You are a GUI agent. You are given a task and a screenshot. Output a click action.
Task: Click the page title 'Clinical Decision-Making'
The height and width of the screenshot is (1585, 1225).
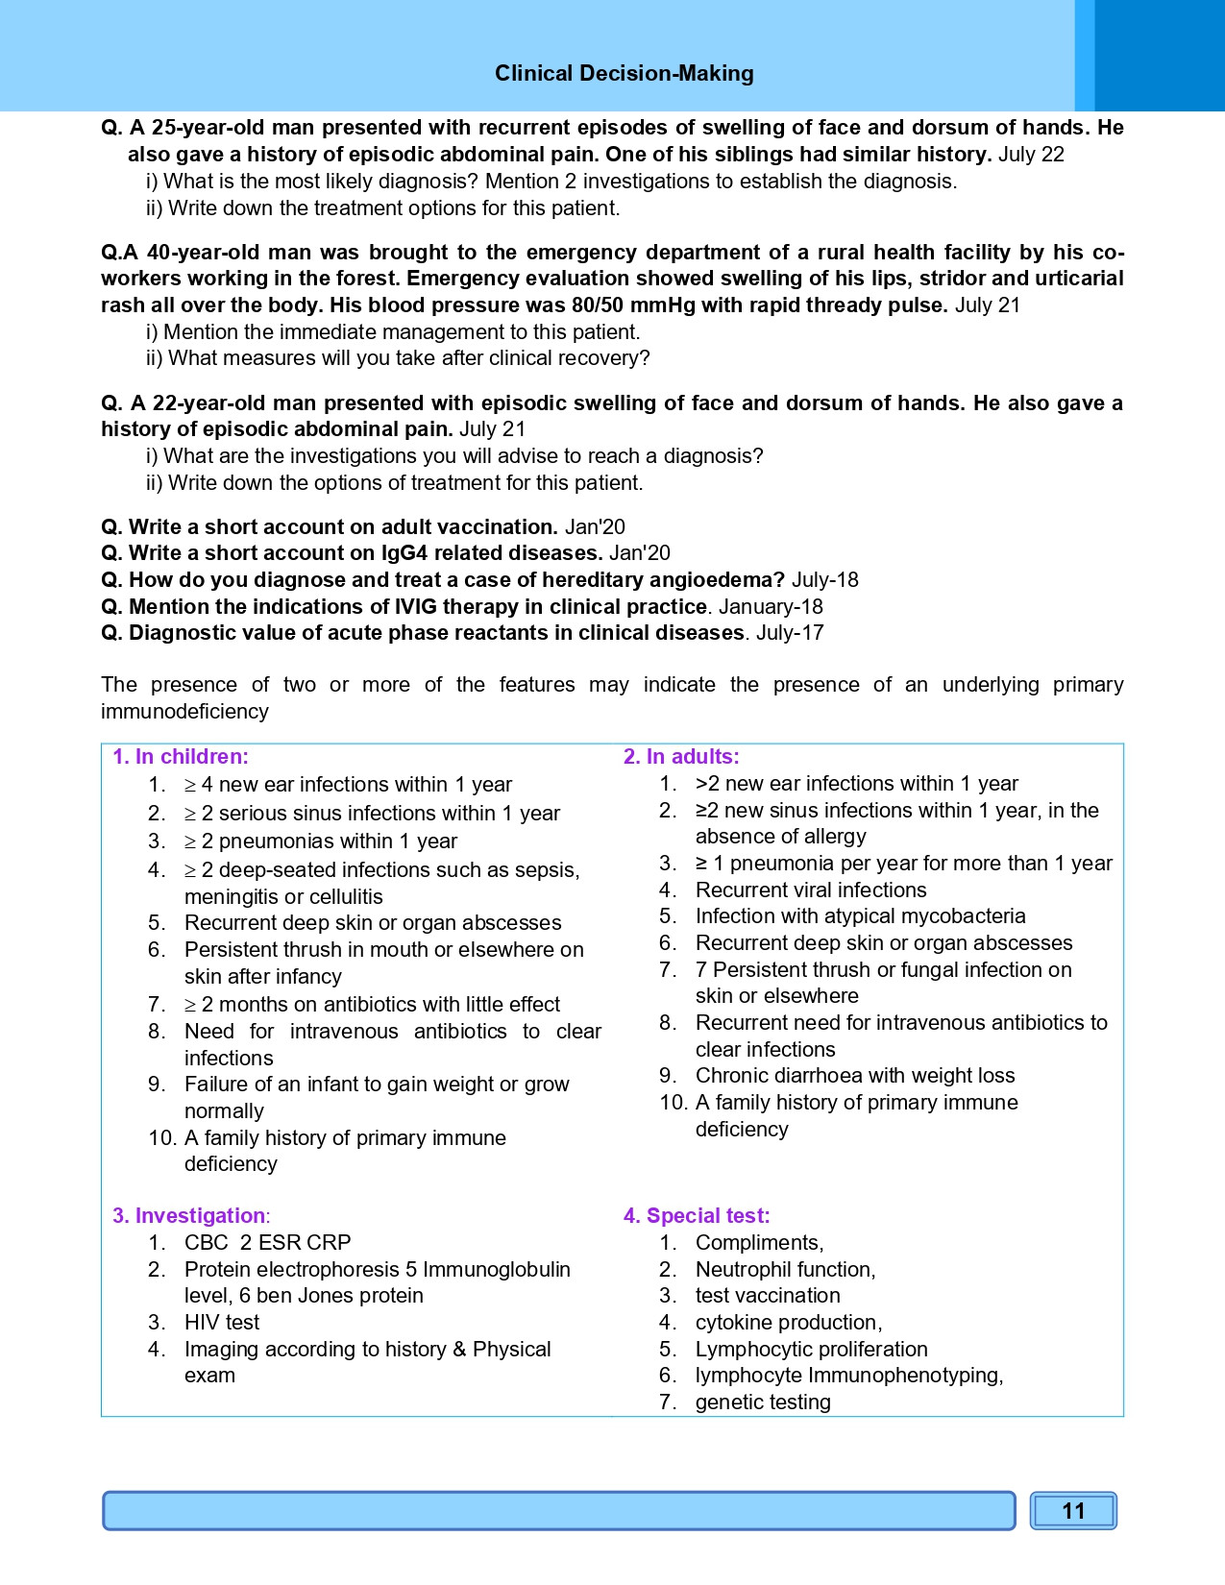624,74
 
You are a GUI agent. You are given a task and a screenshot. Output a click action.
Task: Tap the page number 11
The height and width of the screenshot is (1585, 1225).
1073,1511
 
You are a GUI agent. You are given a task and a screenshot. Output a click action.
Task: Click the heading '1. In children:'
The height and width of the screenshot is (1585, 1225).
181,757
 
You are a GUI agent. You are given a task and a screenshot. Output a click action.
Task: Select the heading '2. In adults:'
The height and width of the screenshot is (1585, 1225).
681,757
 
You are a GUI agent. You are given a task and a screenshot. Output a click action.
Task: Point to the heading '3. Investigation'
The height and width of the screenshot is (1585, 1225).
188,1216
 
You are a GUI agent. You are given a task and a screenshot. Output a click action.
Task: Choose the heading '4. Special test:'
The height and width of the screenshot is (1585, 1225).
697,1216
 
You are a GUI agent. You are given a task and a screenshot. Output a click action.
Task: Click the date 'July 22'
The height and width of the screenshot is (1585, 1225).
1031,155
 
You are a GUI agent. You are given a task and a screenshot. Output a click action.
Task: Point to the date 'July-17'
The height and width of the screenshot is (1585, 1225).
790,633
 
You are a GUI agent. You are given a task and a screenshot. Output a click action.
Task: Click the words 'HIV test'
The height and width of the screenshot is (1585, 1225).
222,1323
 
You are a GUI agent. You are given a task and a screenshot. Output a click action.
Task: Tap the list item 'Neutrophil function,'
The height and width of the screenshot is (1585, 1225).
785,1270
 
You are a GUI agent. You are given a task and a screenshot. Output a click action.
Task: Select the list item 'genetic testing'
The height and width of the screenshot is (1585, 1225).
763,1402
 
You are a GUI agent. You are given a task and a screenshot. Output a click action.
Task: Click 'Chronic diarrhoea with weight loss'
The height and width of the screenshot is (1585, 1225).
855,1076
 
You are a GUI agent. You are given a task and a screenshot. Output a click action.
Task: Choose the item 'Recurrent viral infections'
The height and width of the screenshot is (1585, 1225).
811,890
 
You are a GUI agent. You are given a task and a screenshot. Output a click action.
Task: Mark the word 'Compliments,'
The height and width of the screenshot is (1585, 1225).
759,1243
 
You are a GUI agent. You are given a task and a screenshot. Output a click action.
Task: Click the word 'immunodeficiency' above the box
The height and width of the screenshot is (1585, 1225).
184,712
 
